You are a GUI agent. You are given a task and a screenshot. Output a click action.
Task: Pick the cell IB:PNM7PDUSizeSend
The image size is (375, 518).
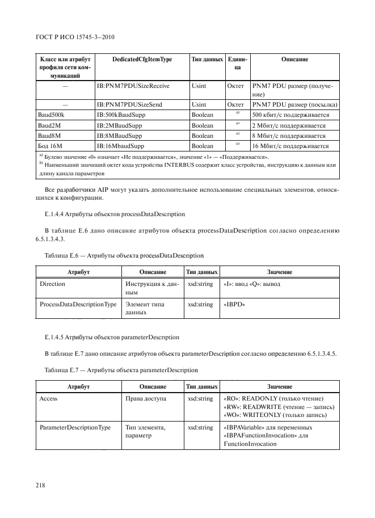click(x=130, y=105)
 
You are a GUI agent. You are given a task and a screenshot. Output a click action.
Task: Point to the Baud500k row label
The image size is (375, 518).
click(x=52, y=115)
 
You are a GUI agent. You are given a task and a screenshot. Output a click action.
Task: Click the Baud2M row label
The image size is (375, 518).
click(x=49, y=125)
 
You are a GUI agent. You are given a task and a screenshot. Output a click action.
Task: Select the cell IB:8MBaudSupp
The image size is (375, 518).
click(x=120, y=136)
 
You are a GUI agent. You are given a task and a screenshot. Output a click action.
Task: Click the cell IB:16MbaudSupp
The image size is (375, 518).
click(x=122, y=146)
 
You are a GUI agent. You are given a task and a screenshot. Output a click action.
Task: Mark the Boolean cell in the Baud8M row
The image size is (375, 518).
click(x=203, y=136)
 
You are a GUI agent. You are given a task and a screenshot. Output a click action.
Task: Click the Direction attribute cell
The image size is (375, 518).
click(x=52, y=283)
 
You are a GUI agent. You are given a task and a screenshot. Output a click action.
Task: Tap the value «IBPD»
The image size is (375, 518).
click(x=235, y=304)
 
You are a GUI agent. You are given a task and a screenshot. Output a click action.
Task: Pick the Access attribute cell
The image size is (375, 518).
click(x=49, y=399)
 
